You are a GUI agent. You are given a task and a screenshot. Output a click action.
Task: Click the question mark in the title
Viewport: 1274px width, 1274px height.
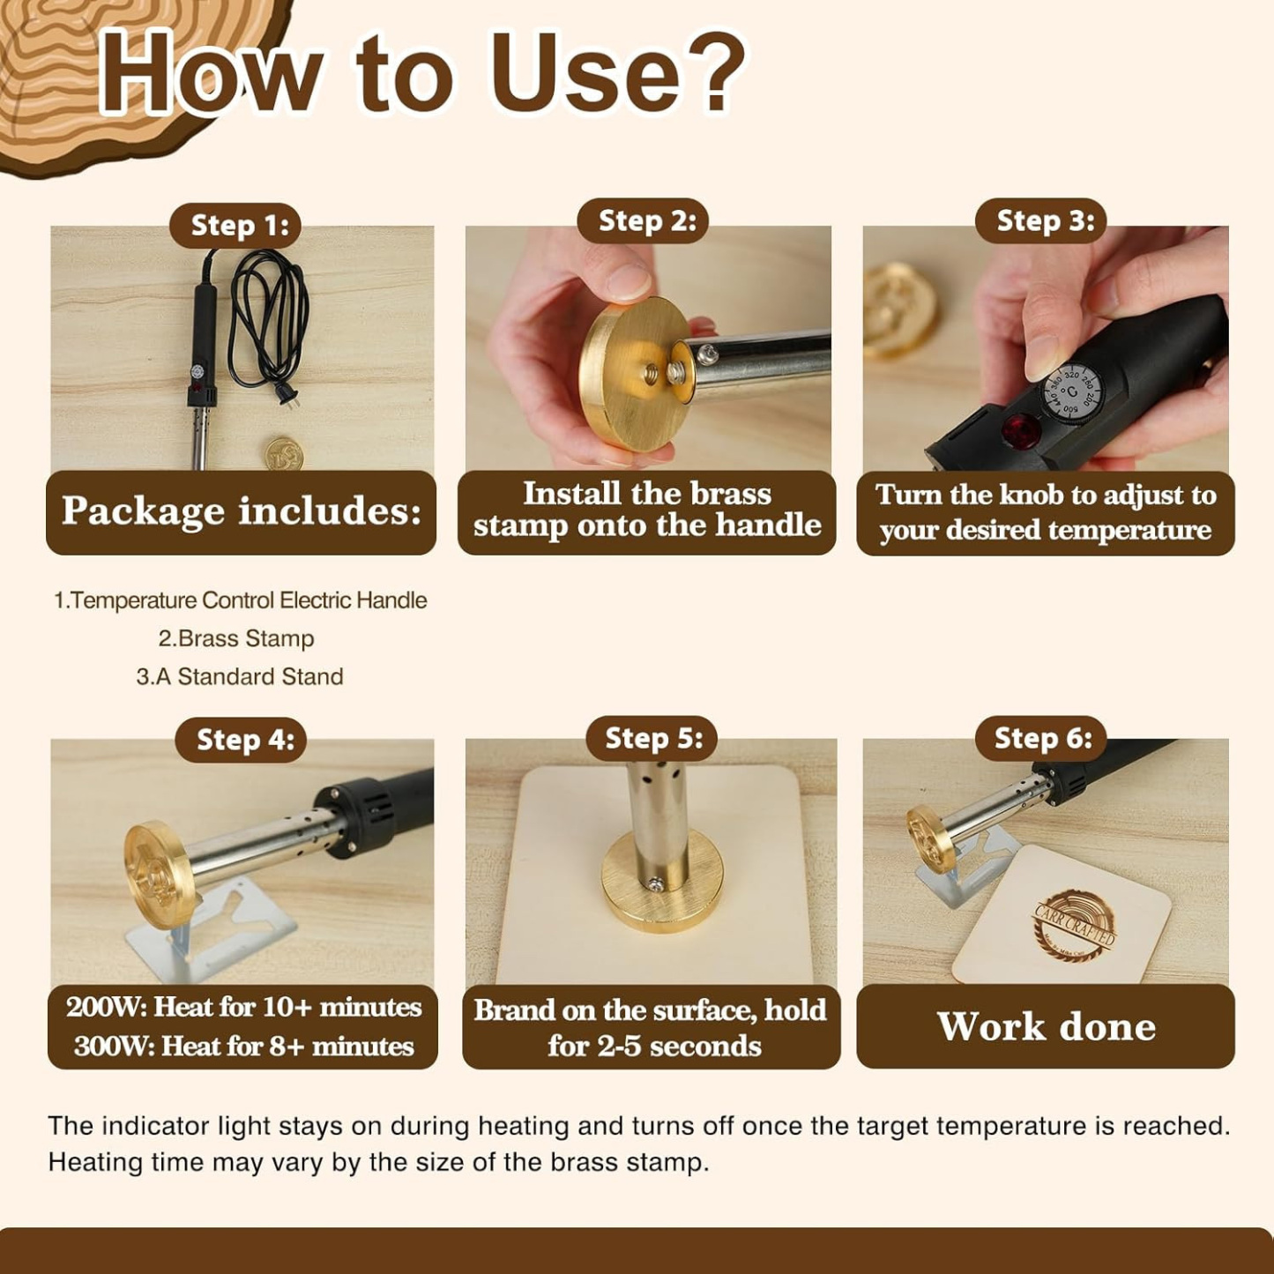tap(712, 71)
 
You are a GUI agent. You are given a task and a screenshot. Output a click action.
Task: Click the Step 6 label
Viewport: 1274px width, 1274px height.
tap(1043, 738)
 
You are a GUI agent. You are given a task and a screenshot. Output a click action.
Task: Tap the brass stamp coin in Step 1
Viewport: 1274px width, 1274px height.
tap(284, 451)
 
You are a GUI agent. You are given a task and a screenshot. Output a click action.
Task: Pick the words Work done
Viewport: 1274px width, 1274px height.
tap(1046, 1027)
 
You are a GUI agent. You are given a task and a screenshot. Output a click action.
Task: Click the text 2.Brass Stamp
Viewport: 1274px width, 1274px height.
tap(236, 638)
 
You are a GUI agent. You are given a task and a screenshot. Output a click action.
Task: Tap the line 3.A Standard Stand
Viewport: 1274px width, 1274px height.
tap(240, 677)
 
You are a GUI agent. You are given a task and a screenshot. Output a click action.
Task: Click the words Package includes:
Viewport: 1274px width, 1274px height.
tap(242, 511)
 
